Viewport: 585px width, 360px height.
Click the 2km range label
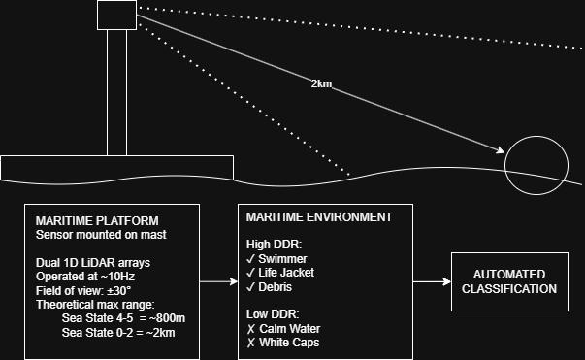pos(321,84)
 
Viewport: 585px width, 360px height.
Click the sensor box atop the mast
pos(116,15)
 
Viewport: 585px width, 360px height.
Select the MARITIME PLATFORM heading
pos(97,220)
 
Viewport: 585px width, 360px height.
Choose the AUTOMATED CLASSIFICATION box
pos(509,281)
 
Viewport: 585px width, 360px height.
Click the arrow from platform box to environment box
pos(219,281)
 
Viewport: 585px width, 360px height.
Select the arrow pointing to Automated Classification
pos(432,281)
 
